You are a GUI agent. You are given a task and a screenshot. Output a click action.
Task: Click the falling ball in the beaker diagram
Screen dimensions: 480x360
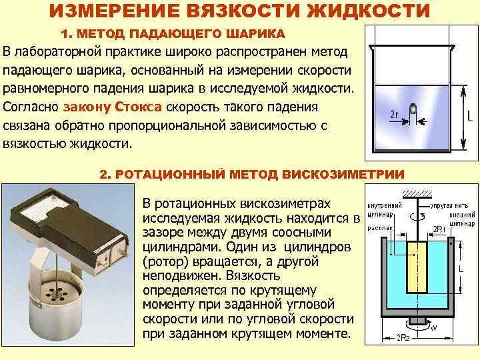click(x=413, y=108)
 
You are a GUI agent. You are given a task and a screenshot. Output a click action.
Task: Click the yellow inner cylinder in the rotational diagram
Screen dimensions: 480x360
click(x=419, y=273)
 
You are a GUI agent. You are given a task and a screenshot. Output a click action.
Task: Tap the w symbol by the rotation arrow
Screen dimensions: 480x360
click(x=434, y=327)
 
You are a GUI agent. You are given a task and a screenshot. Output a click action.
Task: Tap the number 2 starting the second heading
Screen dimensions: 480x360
click(x=103, y=174)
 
